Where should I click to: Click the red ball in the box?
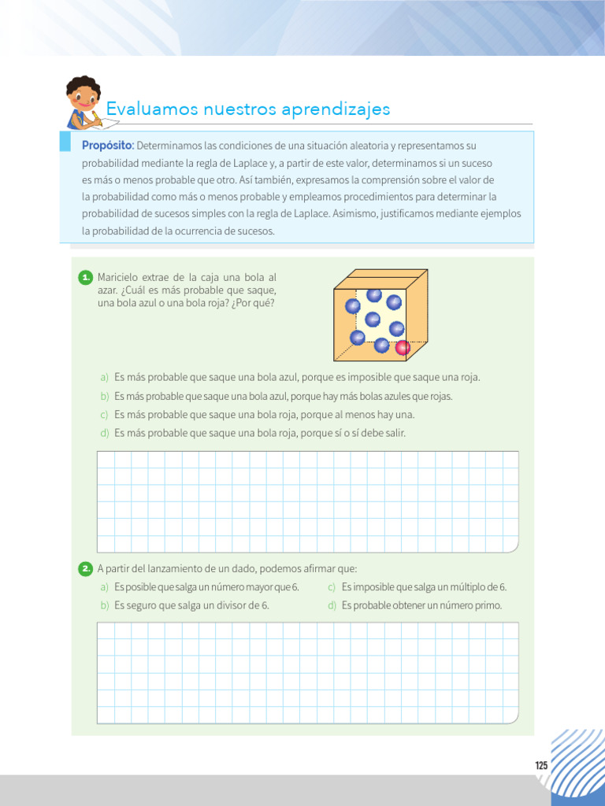[x=403, y=347]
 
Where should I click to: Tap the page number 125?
[x=541, y=766]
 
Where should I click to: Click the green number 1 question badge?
[x=86, y=278]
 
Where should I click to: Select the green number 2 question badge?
[x=86, y=568]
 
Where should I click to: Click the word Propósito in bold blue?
[x=108, y=146]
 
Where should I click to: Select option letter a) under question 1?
[x=104, y=377]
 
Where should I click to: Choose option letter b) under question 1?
[x=104, y=396]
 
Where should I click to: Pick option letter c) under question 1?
[x=104, y=415]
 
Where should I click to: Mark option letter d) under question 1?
[x=104, y=433]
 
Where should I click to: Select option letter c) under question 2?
[x=332, y=587]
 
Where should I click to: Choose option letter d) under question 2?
[x=332, y=605]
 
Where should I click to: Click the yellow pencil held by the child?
[x=96, y=118]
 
